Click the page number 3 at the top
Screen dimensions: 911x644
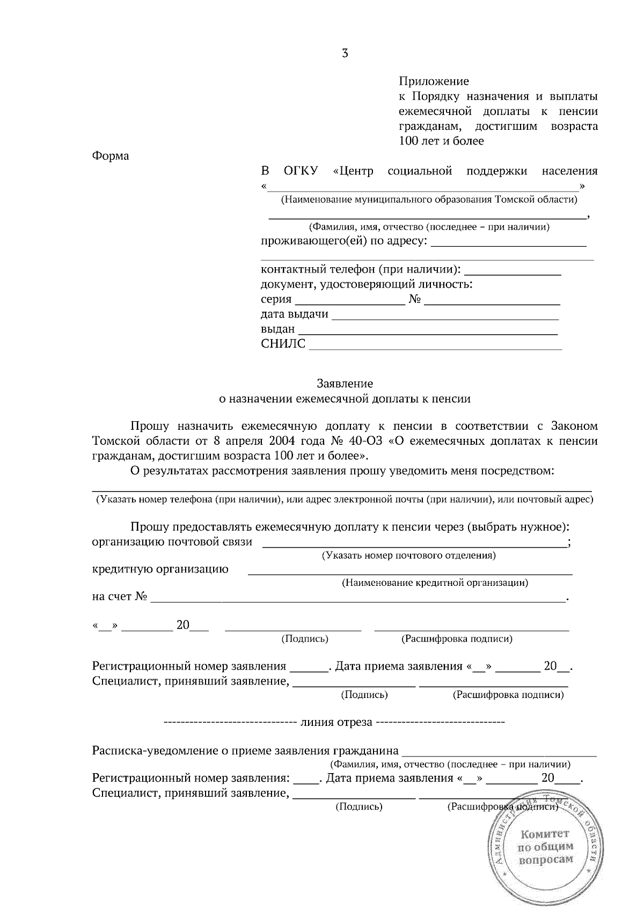pos(345,53)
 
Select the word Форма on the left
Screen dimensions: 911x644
pos(111,156)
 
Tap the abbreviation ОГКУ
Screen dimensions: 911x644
pos(301,171)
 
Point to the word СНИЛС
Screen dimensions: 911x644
pos(283,344)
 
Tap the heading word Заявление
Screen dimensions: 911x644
pos(345,384)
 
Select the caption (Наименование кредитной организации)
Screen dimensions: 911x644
pos(435,583)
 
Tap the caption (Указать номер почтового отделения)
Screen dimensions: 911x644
pos(408,555)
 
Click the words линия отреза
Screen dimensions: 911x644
pos(336,722)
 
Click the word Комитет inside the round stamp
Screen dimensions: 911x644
pos(544,834)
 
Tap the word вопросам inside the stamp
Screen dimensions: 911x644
pos(545,859)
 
